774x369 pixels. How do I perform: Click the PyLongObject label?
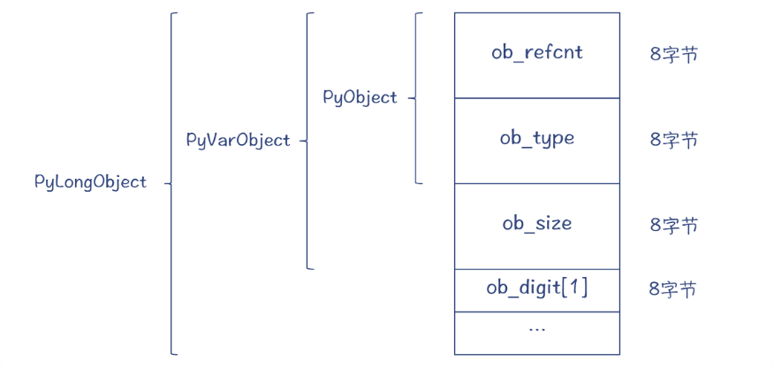[x=90, y=182]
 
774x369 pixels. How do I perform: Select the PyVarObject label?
[x=238, y=140]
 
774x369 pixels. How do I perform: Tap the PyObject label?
[x=360, y=97]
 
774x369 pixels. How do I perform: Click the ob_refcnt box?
[x=536, y=53]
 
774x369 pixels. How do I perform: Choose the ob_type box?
[x=536, y=139]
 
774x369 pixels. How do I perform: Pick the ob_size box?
[x=536, y=225]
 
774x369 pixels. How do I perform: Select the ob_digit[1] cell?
[x=536, y=288]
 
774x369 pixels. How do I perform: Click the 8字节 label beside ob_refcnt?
[x=673, y=54]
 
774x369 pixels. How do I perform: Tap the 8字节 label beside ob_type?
[x=673, y=140]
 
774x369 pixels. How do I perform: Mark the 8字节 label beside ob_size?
[x=673, y=225]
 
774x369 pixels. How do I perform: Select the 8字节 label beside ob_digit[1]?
[x=672, y=289]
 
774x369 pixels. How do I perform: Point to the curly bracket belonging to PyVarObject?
[x=307, y=140]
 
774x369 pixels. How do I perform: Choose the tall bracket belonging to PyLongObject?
[x=171, y=183]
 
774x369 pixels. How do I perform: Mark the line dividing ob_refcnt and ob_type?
[x=536, y=97]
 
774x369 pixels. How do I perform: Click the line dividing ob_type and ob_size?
[x=536, y=183]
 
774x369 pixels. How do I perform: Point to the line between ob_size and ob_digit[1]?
[x=536, y=269]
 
